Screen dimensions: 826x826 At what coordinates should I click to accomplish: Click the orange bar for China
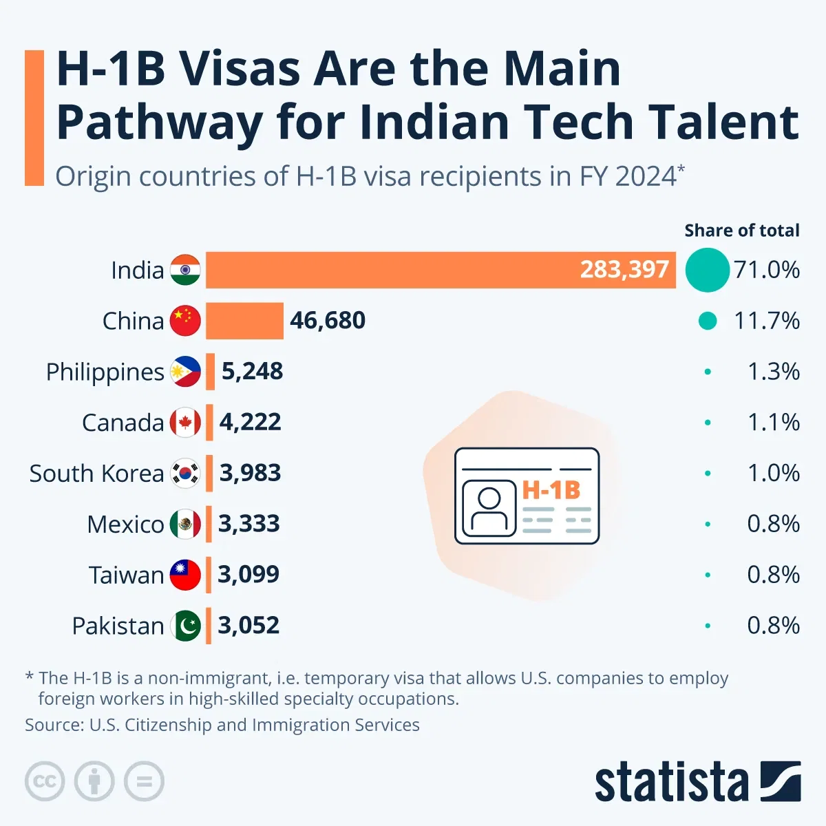click(x=244, y=321)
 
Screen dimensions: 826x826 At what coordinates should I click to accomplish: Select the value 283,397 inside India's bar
click(x=624, y=270)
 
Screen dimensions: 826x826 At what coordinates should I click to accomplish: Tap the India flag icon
click(x=185, y=270)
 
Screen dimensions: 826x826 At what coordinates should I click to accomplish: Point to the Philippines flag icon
click(x=185, y=372)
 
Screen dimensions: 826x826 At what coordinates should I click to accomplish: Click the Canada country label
click(x=123, y=423)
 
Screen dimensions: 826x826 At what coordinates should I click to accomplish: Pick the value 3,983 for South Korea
click(x=250, y=474)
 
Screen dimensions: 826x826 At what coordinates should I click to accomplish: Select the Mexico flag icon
click(x=185, y=525)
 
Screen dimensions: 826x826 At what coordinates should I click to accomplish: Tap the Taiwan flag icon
click(x=185, y=575)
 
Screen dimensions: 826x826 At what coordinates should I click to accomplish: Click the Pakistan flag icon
click(x=185, y=626)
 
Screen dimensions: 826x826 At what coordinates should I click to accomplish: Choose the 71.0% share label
click(x=766, y=270)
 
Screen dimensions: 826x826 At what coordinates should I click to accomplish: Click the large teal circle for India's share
click(x=707, y=270)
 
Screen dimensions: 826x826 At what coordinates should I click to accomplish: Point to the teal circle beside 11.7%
click(x=707, y=321)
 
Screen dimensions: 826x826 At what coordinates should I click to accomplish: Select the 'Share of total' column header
click(x=741, y=231)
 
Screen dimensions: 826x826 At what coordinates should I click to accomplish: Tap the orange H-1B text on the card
click(x=551, y=490)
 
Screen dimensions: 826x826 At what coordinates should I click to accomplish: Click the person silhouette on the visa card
click(x=489, y=509)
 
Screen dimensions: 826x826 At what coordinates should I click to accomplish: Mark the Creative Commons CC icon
click(x=45, y=782)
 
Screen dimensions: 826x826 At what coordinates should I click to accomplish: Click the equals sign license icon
click(x=145, y=782)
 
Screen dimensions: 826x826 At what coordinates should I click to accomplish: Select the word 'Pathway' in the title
click(x=159, y=123)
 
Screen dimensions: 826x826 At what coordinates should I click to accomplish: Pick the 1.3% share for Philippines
click(x=773, y=372)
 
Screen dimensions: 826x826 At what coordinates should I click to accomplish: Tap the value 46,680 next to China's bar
click(x=328, y=321)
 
